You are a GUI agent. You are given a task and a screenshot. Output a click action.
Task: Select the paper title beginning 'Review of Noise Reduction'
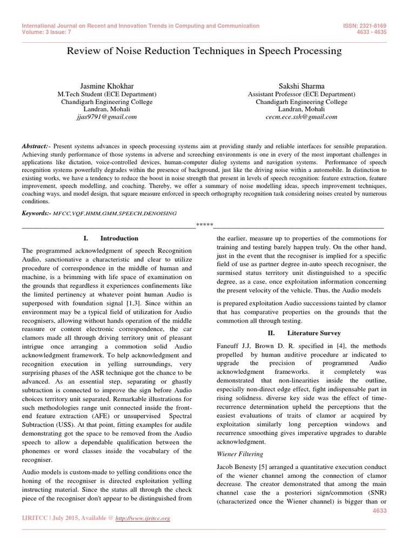(204, 51)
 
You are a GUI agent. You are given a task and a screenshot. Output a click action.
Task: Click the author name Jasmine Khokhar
(107, 86)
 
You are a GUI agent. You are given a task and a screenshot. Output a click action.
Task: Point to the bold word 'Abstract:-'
(36, 146)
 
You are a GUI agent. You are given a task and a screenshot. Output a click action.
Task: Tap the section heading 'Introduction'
(119, 238)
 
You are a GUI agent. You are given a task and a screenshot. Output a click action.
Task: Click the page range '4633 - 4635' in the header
(369, 31)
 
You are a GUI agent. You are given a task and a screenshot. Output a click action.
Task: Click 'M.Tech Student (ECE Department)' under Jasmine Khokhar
(107, 94)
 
